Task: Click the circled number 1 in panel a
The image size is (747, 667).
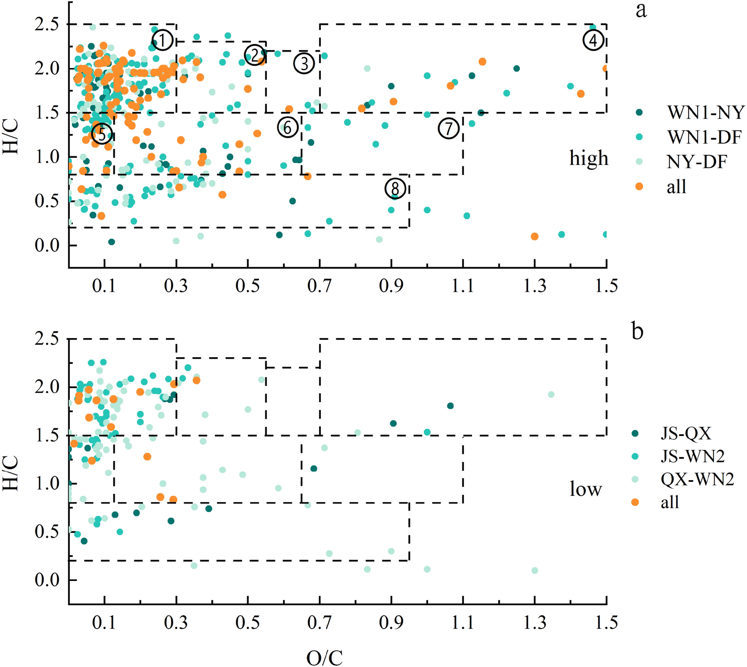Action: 162,41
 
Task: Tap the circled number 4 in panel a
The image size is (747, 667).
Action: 593,40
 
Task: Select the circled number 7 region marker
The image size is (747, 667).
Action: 449,129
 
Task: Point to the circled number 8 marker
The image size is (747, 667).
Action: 395,188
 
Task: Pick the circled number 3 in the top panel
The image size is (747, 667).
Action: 304,63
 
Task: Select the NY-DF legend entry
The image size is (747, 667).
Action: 696,162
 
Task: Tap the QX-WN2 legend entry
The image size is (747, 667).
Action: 697,479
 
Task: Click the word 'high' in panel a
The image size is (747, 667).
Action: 589,158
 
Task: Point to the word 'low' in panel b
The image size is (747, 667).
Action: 585,489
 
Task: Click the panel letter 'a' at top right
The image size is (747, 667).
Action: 641,11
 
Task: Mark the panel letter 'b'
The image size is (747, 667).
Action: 637,331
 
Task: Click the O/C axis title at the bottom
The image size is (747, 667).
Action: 325,657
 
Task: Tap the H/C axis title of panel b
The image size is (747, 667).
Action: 11,473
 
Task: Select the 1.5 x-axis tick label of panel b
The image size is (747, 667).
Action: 606,623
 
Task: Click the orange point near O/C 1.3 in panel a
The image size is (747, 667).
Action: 535,237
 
